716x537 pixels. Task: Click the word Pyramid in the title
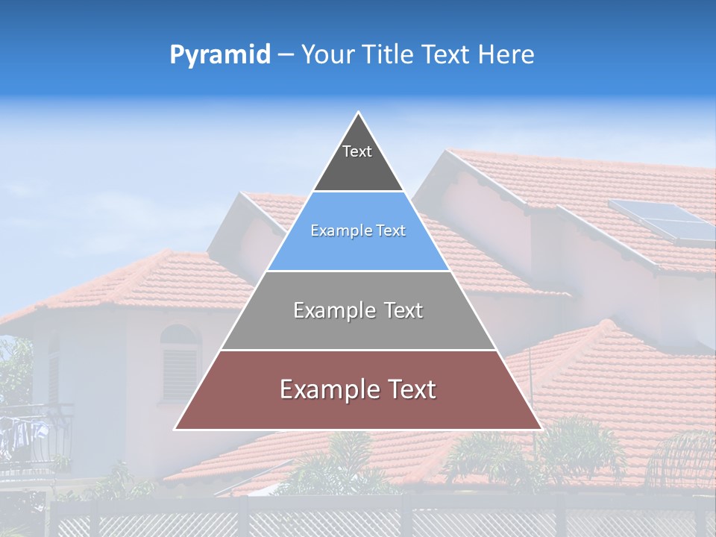(220, 55)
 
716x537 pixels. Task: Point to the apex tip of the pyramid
(359, 113)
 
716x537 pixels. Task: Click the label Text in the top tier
(357, 151)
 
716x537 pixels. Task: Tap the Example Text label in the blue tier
(358, 230)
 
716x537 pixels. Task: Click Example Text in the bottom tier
(358, 389)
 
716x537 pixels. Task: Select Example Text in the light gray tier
(358, 310)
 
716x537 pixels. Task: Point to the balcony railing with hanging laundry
(34, 436)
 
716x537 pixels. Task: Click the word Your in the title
(327, 55)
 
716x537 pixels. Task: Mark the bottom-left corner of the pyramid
(175, 430)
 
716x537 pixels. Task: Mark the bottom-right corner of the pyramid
(541, 430)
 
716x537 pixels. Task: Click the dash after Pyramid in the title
(286, 55)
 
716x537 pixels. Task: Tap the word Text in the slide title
(447, 55)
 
